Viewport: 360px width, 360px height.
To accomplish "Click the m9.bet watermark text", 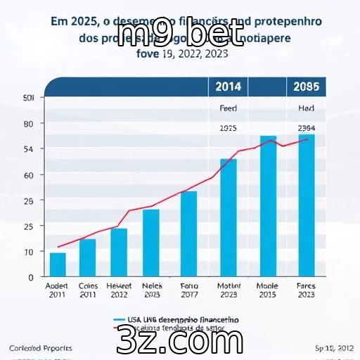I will [182, 35].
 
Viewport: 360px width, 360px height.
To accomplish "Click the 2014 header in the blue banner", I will [227, 86].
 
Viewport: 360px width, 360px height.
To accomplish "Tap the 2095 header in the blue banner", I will [306, 86].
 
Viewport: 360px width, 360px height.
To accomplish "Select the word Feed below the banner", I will [228, 110].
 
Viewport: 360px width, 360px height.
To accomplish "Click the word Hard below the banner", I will [306, 110].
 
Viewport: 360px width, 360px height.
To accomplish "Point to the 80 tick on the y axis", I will [29, 124].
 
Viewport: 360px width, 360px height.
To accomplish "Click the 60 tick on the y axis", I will [29, 174].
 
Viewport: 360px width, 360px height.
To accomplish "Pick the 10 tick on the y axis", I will [29, 252].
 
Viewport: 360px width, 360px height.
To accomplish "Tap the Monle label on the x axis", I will [267, 286].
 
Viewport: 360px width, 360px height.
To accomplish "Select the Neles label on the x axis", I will [152, 286].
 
